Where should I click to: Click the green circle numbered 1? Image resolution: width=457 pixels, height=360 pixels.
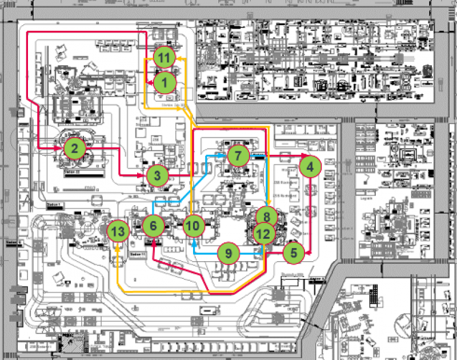(165, 82)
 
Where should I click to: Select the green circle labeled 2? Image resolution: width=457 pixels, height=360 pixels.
(74, 149)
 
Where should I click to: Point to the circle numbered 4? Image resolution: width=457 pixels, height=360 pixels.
(310, 166)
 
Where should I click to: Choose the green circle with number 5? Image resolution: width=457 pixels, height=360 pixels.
(294, 250)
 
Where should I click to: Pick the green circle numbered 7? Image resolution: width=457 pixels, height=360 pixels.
(238, 155)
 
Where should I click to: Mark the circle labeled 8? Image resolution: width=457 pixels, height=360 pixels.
(267, 217)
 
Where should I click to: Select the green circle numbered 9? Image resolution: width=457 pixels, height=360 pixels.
(228, 252)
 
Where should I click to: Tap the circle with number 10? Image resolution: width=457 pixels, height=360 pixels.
(194, 225)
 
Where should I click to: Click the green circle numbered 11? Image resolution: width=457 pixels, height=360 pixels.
(165, 57)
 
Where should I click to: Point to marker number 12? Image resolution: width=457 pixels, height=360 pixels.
(263, 233)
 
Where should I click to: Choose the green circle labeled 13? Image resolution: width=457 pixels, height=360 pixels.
(118, 231)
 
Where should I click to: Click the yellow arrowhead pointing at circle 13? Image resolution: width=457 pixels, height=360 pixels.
(118, 245)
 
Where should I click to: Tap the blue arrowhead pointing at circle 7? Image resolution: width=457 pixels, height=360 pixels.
(224, 155)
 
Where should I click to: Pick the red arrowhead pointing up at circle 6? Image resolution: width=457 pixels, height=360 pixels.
(154, 241)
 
